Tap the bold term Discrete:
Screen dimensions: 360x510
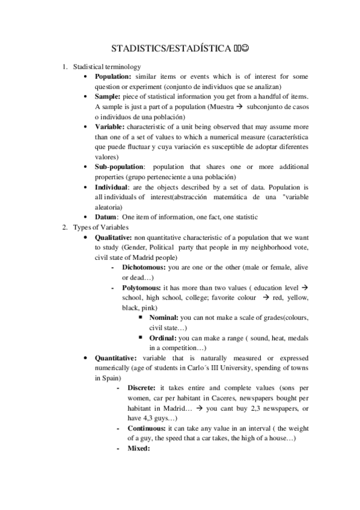tap(142, 388)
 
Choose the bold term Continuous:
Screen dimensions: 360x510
tap(147, 428)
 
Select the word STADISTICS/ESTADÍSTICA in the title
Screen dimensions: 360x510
tap(171, 49)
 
